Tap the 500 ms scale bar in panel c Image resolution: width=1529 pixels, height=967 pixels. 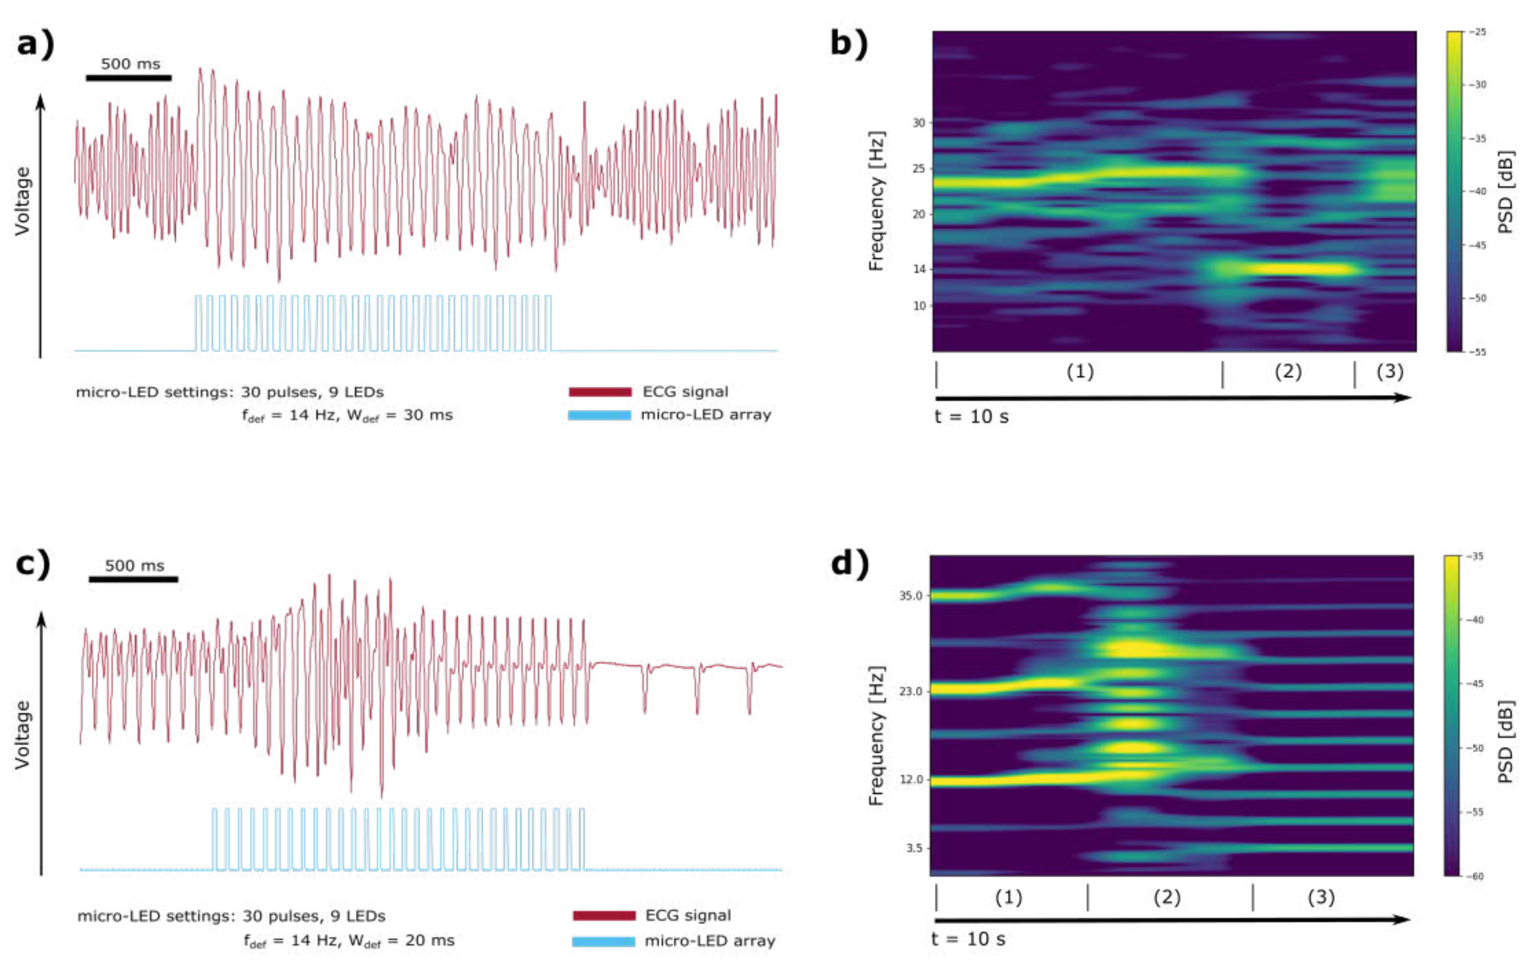coord(133,579)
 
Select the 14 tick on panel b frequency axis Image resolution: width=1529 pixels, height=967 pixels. coord(919,269)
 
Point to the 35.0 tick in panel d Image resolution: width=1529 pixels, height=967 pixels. coord(910,596)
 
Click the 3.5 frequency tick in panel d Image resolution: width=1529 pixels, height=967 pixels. coord(914,848)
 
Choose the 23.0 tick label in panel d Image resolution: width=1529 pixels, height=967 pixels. coord(910,691)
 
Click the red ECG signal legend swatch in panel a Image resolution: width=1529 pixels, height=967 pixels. coord(600,392)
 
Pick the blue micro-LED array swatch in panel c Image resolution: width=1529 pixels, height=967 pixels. coord(603,942)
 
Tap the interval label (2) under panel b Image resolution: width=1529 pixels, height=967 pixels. coord(1288,371)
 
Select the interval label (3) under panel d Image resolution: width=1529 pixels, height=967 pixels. coord(1321,897)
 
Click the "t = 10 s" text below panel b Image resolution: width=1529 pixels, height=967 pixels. coord(971,417)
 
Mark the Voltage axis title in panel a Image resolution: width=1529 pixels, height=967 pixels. coord(23,201)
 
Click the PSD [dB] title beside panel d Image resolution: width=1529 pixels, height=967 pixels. coord(1505,742)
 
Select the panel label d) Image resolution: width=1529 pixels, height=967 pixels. coord(850,563)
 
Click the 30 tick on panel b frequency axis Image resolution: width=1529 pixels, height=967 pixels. coord(919,123)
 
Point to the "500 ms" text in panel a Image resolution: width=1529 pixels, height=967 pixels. coord(130,64)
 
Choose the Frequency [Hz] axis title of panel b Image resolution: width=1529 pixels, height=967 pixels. coord(876,201)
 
